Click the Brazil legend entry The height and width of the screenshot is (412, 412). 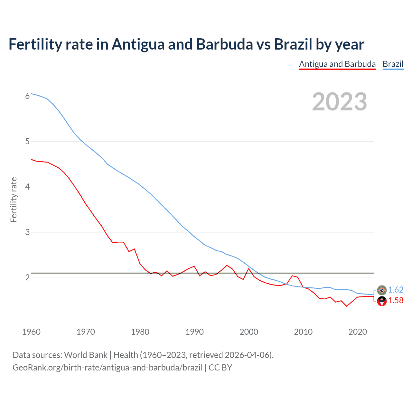[x=393, y=64]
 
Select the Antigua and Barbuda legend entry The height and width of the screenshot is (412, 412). [x=337, y=64]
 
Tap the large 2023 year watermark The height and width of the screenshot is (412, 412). [x=340, y=102]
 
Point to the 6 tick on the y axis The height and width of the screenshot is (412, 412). [x=27, y=96]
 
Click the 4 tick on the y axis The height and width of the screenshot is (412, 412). [x=27, y=187]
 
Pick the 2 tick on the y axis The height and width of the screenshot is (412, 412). [x=27, y=277]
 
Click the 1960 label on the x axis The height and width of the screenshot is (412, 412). [x=31, y=332]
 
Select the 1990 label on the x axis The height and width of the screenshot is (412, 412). [x=194, y=332]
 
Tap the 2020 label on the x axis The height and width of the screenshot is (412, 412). [x=358, y=332]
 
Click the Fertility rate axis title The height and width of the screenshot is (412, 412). [x=14, y=200]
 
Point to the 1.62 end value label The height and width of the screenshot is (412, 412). [x=396, y=290]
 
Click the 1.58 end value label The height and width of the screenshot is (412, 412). [x=396, y=300]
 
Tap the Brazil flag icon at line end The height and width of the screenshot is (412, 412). [x=382, y=290]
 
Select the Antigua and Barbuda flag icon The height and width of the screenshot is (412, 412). [x=382, y=301]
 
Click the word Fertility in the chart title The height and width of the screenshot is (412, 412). [x=35, y=44]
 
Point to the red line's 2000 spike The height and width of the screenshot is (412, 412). [x=249, y=268]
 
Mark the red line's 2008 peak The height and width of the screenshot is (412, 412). [x=292, y=276]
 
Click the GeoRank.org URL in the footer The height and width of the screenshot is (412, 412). [x=108, y=368]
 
